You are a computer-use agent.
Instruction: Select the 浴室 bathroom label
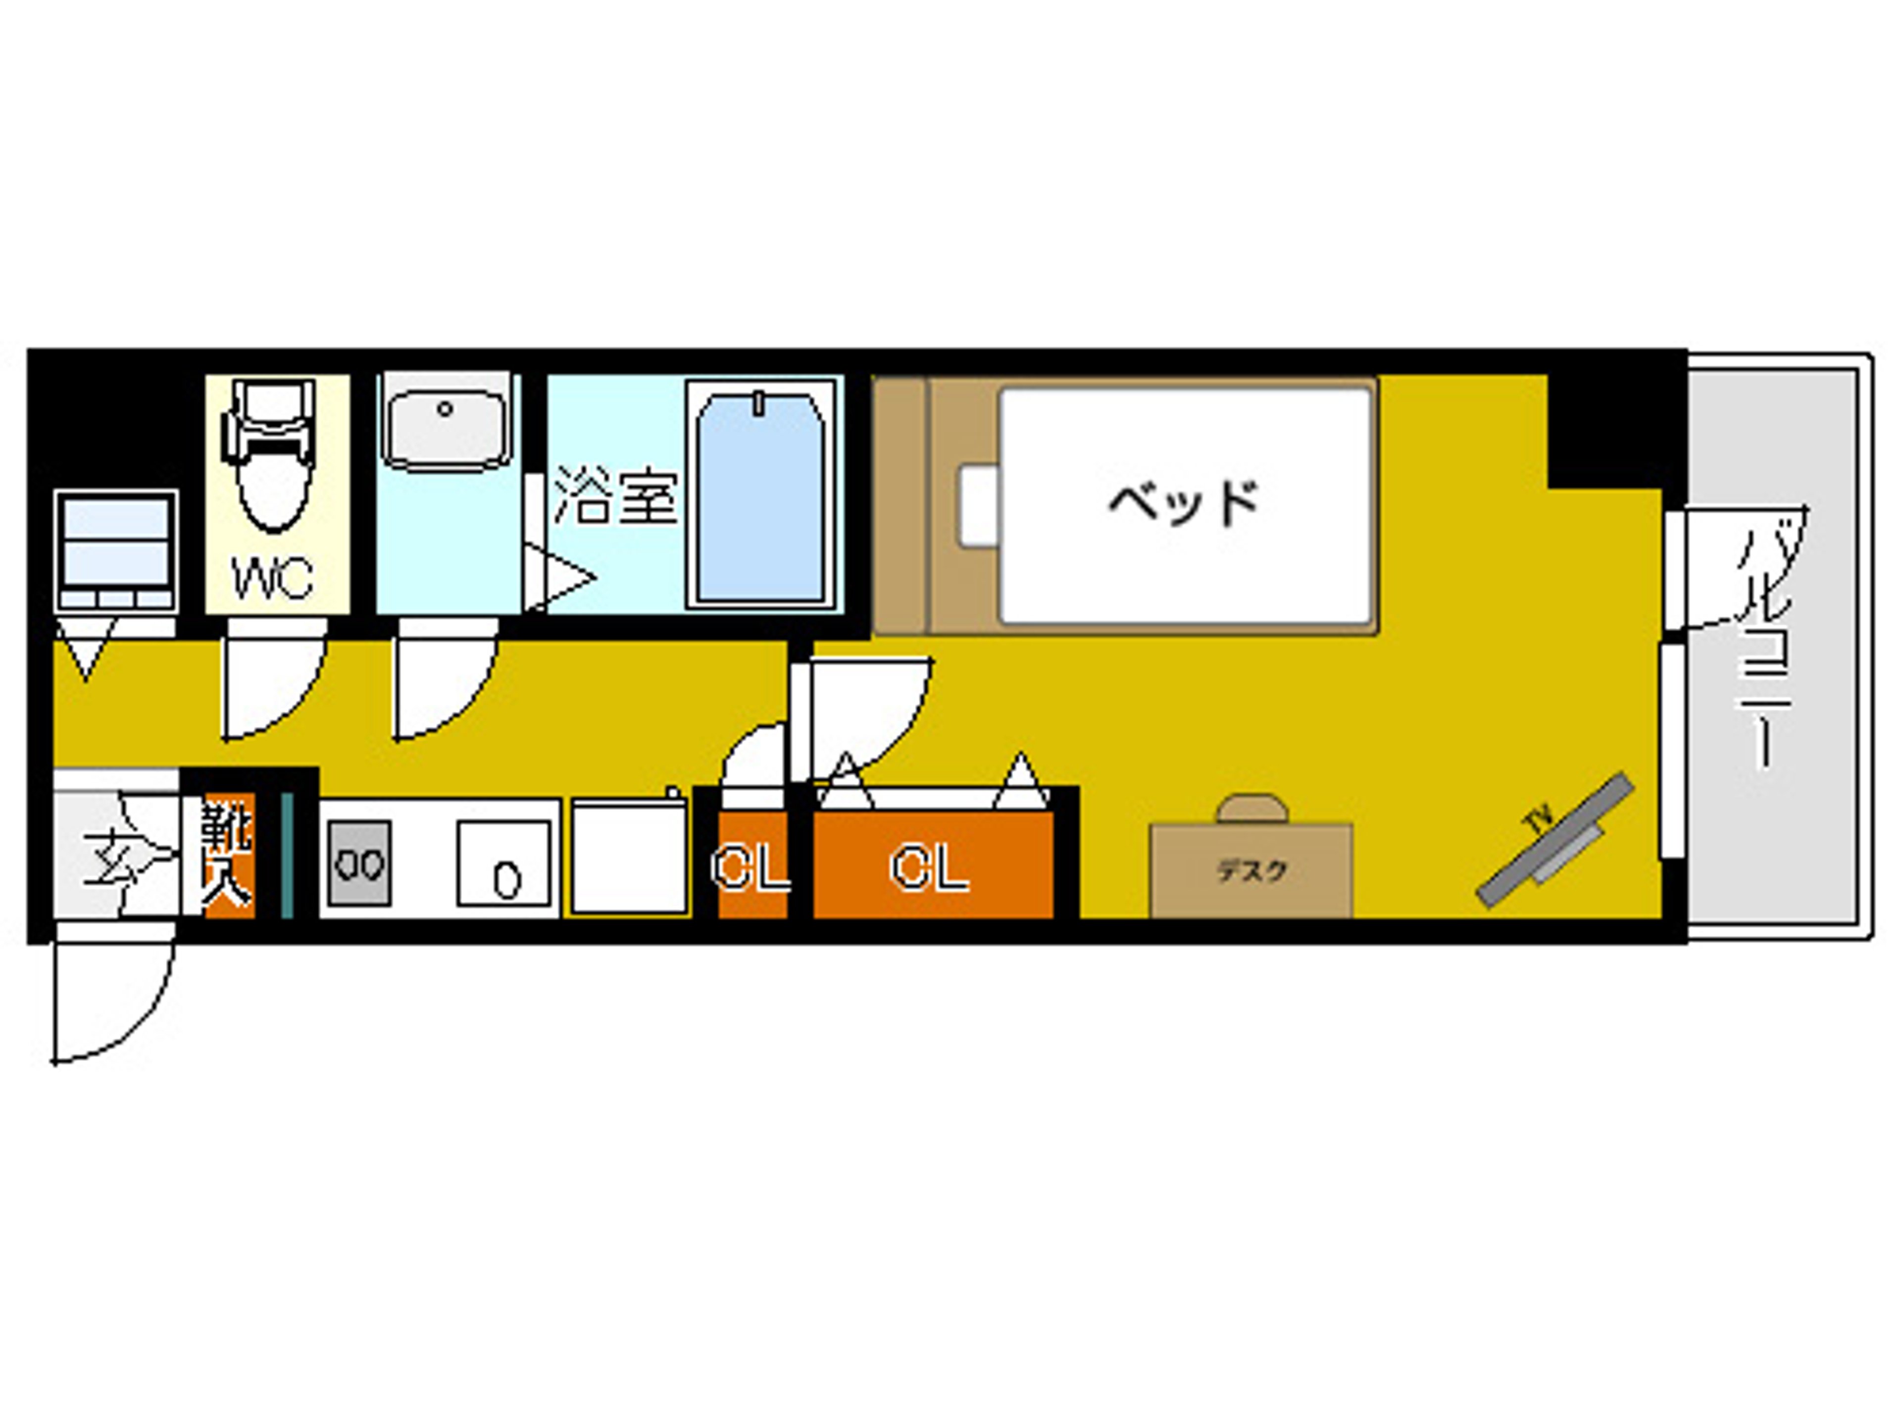616,496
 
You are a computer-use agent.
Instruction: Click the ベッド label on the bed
1184,503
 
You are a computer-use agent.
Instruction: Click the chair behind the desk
1251,809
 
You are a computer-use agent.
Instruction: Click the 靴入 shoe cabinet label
228,854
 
